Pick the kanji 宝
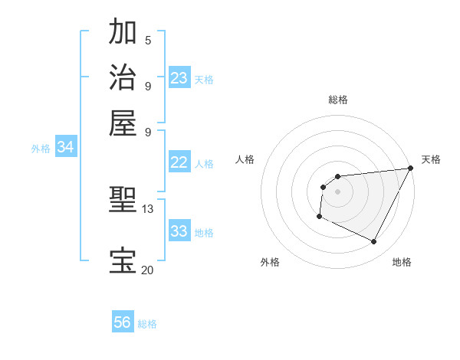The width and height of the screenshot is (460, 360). pyautogui.click(x=123, y=260)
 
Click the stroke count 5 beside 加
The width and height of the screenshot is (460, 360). pyautogui.click(x=148, y=40)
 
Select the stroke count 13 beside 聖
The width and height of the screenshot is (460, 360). pyautogui.click(x=148, y=209)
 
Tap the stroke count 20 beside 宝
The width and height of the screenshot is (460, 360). pyautogui.click(x=148, y=270)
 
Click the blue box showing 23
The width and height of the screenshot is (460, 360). pyautogui.click(x=179, y=78)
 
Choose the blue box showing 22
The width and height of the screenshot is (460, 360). pyautogui.click(x=179, y=162)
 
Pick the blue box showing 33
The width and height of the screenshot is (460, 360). pyautogui.click(x=179, y=231)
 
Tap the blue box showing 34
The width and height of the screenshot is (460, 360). pyautogui.click(x=65, y=148)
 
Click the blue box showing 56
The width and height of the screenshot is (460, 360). pyautogui.click(x=123, y=322)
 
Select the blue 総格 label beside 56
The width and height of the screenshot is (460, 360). pyautogui.click(x=147, y=324)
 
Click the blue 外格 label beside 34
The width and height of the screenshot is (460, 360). pyautogui.click(x=41, y=149)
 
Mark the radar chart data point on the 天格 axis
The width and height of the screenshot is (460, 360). pyautogui.click(x=411, y=169)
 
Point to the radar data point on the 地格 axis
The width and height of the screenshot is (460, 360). pyautogui.click(x=374, y=242)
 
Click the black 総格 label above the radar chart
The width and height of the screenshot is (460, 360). pyautogui.click(x=338, y=100)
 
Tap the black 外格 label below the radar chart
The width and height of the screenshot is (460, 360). pyautogui.click(x=270, y=263)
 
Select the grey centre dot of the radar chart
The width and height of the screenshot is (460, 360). pyautogui.click(x=338, y=191)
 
